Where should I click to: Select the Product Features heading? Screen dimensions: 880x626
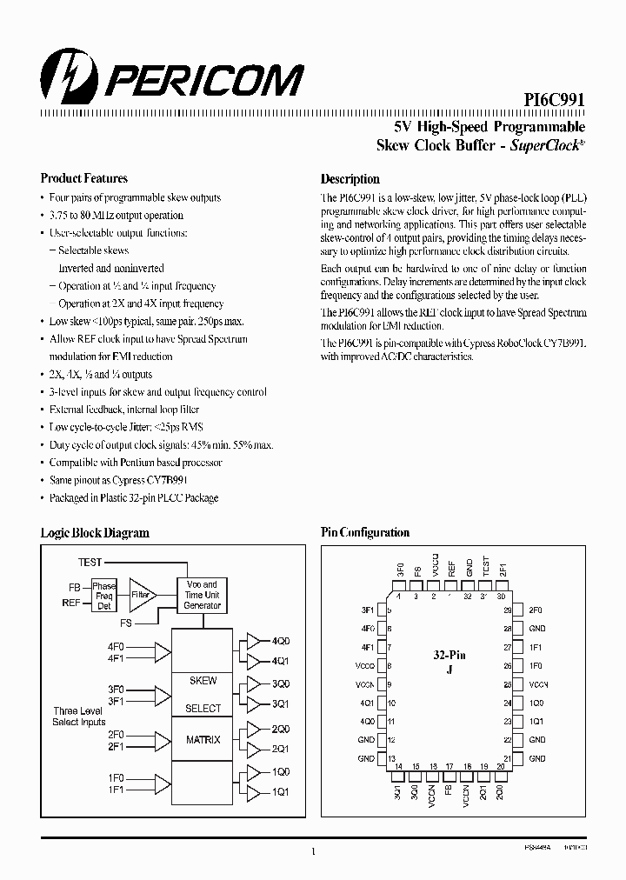point(84,178)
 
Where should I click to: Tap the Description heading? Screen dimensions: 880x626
point(350,179)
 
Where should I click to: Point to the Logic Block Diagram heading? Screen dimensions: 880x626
point(95,533)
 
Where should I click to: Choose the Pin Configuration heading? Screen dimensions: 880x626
point(365,532)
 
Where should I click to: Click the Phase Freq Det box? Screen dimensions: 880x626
point(103,596)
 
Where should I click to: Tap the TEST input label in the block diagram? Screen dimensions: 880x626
point(90,563)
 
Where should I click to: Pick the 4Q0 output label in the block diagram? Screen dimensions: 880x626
point(281,641)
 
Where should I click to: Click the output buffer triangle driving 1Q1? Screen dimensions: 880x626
point(252,792)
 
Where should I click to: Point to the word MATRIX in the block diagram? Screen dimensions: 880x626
point(203,740)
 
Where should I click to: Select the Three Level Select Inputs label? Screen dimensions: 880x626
point(79,717)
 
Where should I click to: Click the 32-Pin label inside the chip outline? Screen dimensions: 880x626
point(450,654)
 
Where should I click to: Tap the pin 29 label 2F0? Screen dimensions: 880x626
point(536,610)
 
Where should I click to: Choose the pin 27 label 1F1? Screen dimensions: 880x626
point(536,648)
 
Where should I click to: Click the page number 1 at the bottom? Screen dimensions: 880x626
point(313,852)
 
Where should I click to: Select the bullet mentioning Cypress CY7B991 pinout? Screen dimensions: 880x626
point(119,480)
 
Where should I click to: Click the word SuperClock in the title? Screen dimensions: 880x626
point(543,146)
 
